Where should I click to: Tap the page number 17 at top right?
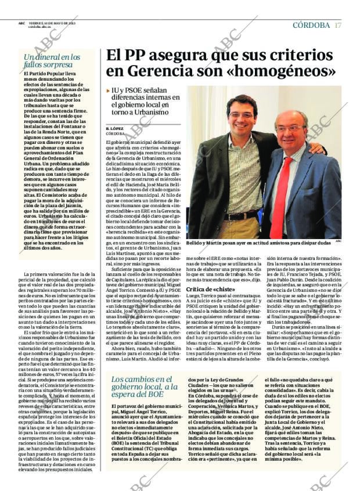click(338, 25)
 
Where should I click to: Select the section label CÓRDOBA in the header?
click(311, 25)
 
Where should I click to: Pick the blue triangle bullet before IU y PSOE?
click(109, 92)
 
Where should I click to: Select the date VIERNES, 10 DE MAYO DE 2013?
click(52, 23)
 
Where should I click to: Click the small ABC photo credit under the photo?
click(339, 241)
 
